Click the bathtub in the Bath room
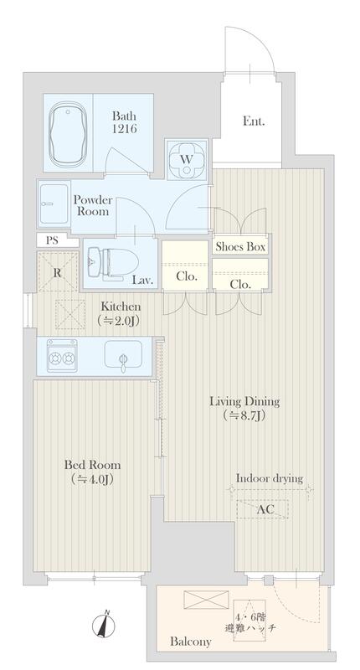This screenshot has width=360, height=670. pyautogui.click(x=67, y=133)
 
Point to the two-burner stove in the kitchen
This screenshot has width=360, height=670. pyautogui.click(x=62, y=355)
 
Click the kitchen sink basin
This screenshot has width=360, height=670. pyautogui.click(x=123, y=353)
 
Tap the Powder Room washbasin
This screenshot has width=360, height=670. pyautogui.click(x=54, y=203)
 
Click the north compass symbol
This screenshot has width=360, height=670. pyautogui.click(x=104, y=626)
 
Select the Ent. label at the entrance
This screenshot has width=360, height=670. pyautogui.click(x=254, y=121)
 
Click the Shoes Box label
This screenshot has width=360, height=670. pyautogui.click(x=240, y=246)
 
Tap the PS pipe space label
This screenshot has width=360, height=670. pyautogui.click(x=52, y=240)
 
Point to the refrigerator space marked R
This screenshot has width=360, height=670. pyautogui.click(x=58, y=273)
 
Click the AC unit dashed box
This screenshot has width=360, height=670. pyautogui.click(x=262, y=508)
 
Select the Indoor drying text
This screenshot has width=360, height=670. pyautogui.click(x=270, y=478)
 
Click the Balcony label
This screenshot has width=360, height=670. pyautogui.click(x=190, y=642)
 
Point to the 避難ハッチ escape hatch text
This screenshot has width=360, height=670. pyautogui.click(x=250, y=628)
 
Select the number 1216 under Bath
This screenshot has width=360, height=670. pyautogui.click(x=124, y=128)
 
